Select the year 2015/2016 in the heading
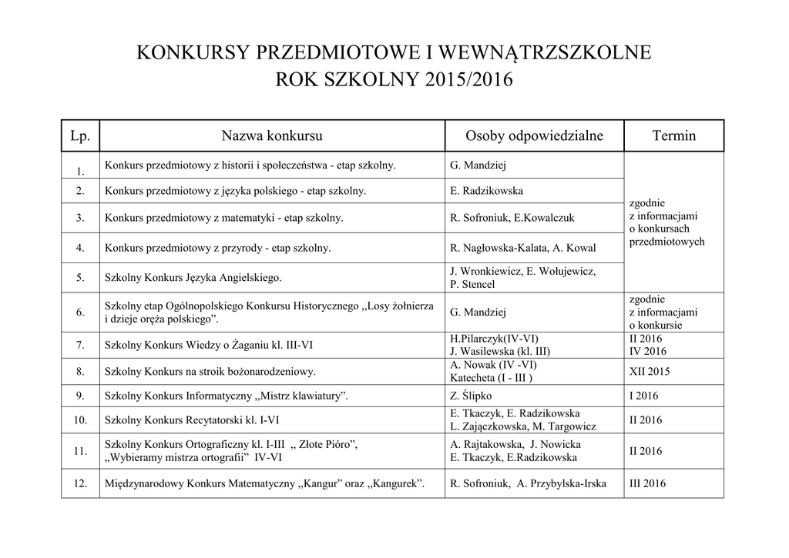(462, 80)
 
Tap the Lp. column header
(80, 135)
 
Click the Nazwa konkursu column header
(272, 135)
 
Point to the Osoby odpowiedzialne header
(534, 135)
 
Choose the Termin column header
(673, 135)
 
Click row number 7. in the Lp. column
(80, 346)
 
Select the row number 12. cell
(80, 484)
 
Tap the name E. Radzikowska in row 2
(488, 191)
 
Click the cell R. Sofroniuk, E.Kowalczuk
(512, 218)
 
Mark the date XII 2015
(650, 371)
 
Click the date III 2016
(648, 484)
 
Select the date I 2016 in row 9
(644, 396)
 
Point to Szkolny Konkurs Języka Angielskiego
(193, 277)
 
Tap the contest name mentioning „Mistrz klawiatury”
(227, 396)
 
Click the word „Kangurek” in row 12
(394, 484)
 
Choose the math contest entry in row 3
(224, 218)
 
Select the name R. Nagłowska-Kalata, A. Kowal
(522, 248)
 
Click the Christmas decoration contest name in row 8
(210, 372)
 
